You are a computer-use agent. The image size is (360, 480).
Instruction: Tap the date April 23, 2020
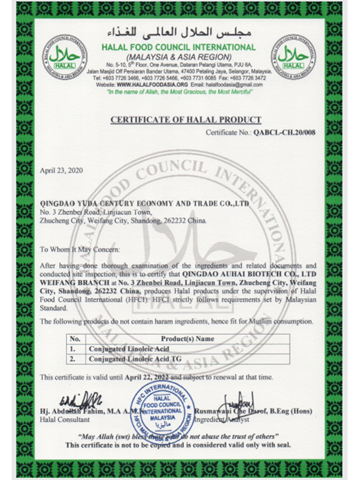click(x=62, y=171)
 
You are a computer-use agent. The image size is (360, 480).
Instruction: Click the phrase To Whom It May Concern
click(x=80, y=250)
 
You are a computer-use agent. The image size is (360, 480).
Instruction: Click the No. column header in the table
click(x=75, y=338)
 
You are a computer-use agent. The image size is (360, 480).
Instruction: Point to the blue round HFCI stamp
click(x=163, y=409)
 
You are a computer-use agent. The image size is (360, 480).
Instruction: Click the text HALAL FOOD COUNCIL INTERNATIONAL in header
click(x=180, y=46)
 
